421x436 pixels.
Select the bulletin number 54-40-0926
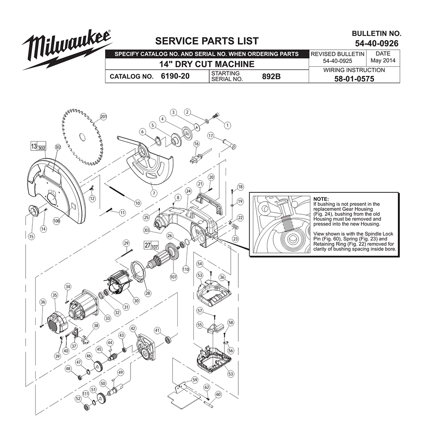[376, 43]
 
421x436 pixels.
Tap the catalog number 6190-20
[175, 76]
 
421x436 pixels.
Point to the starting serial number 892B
[271, 76]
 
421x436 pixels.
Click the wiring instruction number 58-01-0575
[354, 79]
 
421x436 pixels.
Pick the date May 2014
[383, 60]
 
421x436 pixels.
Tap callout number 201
[103, 116]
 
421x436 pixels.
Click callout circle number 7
[154, 193]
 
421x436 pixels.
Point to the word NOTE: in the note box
[321, 199]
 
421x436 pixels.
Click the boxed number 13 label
[34, 146]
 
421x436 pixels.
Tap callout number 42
[133, 328]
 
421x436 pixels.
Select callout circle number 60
[218, 394]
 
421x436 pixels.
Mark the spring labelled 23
[234, 226]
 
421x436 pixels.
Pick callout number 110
[186, 269]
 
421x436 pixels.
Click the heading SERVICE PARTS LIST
[207, 41]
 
